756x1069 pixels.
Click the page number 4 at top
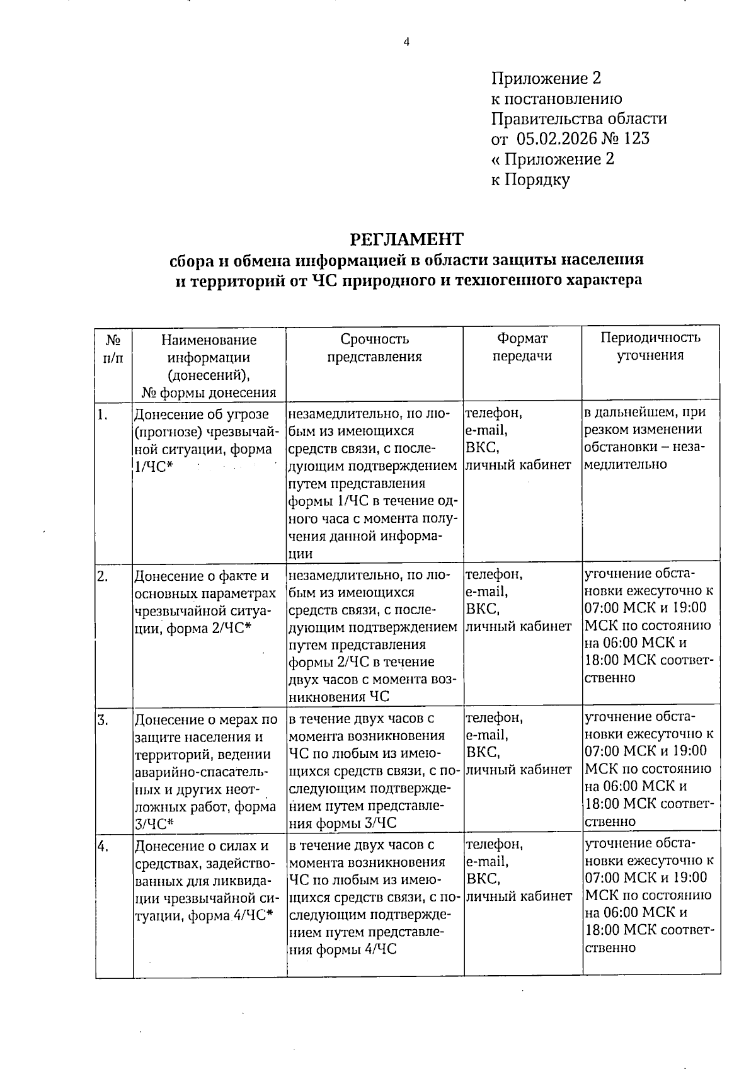pyautogui.click(x=406, y=42)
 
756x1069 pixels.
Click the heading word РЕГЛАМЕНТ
pyautogui.click(x=406, y=239)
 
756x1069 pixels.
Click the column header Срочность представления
pyautogui.click(x=374, y=348)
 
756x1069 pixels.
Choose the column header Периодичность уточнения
pyautogui.click(x=650, y=346)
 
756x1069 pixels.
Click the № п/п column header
pyautogui.click(x=113, y=348)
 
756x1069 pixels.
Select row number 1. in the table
pyautogui.click(x=103, y=414)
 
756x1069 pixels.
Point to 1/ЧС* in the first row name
pyautogui.click(x=154, y=467)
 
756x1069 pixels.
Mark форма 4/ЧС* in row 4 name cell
pyautogui.click(x=229, y=916)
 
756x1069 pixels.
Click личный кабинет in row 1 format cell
pyautogui.click(x=518, y=465)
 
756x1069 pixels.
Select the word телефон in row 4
pyautogui.click(x=494, y=844)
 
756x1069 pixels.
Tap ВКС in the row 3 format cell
pyautogui.click(x=481, y=752)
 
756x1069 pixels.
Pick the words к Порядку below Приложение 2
pyautogui.click(x=530, y=180)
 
